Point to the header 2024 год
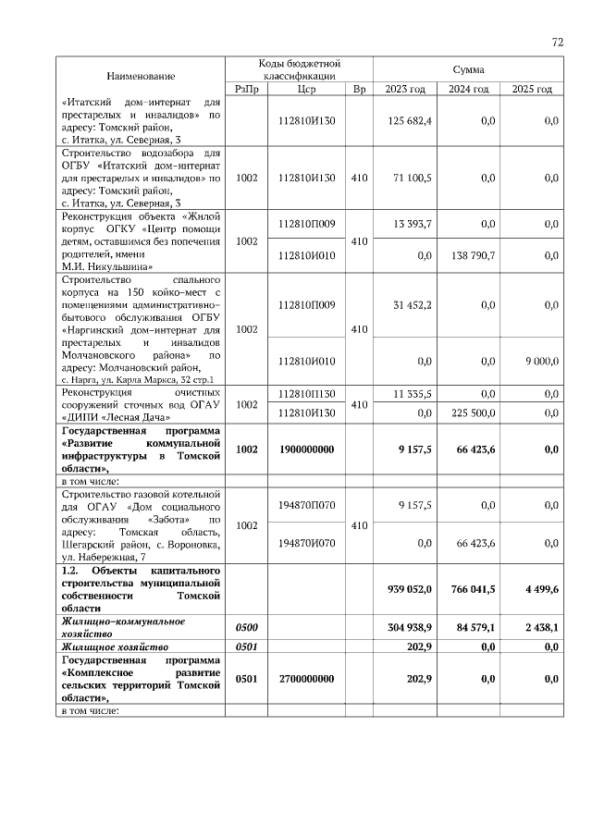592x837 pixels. pos(469,89)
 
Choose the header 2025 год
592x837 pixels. pos(532,89)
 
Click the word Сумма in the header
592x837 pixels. pos(469,69)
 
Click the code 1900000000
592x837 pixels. pos(306,449)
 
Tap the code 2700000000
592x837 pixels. pos(306,680)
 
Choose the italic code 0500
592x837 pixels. pos(247,628)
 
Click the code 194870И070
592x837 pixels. pos(306,544)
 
